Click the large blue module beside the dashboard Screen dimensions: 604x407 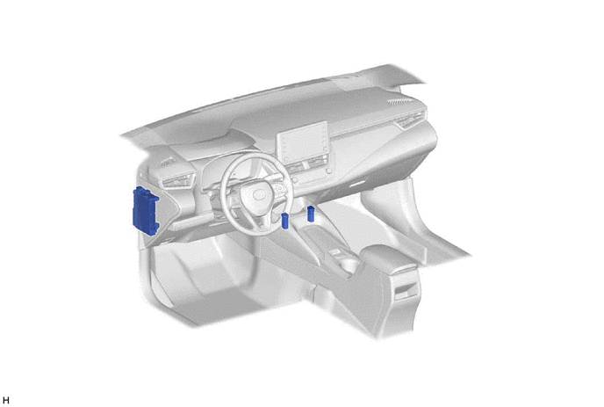point(145,211)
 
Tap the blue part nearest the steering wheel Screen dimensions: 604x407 point(284,221)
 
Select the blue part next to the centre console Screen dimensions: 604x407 point(311,214)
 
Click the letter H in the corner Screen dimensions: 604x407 point(6,401)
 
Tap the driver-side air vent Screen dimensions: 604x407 point(178,180)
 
